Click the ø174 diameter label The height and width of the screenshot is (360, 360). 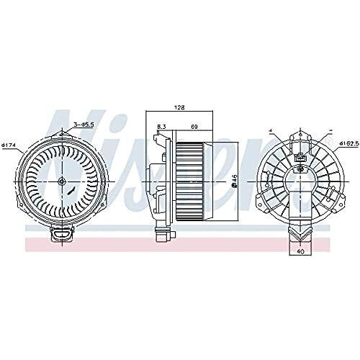coord(9,146)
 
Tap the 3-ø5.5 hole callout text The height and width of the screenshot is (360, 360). coord(84,125)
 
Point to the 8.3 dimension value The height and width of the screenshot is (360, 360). coord(162,127)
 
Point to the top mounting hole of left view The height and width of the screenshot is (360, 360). coord(63,130)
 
